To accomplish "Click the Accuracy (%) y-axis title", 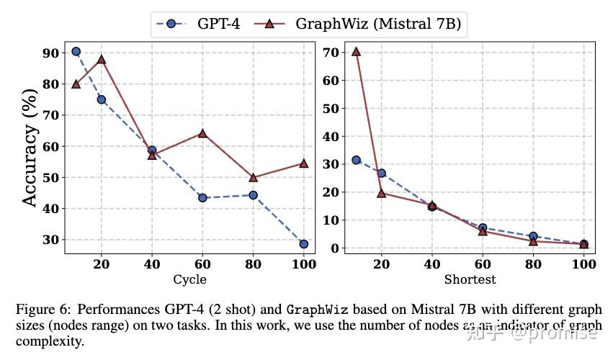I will (30, 148).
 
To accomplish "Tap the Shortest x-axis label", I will (470, 279).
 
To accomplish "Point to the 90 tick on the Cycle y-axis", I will (50, 53).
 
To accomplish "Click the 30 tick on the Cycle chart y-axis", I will (50, 240).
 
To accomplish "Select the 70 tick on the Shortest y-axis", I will (331, 52).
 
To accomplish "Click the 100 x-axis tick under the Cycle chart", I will (304, 264).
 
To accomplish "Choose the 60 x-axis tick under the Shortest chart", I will (483, 264).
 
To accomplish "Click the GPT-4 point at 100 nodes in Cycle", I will (304, 244).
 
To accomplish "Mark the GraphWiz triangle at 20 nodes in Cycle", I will (102, 59).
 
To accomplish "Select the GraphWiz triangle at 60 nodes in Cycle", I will (202, 133).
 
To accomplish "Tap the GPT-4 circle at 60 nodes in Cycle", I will (202, 197).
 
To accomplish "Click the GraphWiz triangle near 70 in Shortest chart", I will (356, 51).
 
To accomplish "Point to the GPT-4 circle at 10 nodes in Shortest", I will (356, 160).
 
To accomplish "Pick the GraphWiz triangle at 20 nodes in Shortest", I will (382, 193).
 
